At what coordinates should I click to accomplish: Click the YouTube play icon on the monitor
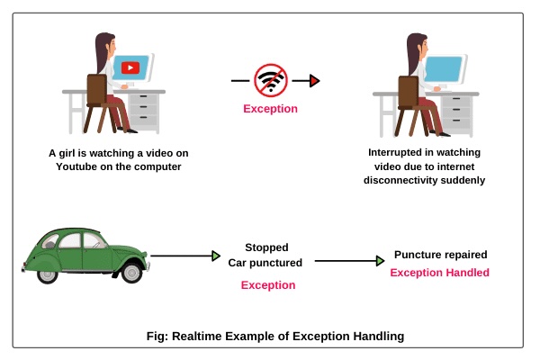point(131,67)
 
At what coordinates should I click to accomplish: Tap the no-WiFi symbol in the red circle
point(271,81)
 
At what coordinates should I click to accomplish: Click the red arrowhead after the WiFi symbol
point(315,81)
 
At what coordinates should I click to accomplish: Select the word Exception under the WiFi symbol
point(271,110)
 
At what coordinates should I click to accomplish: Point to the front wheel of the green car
point(130,270)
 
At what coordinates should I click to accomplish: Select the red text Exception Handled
point(439,273)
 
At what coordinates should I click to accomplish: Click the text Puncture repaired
point(439,256)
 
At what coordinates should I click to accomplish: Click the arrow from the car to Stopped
point(184,256)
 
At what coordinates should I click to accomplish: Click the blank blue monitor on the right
point(443,67)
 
